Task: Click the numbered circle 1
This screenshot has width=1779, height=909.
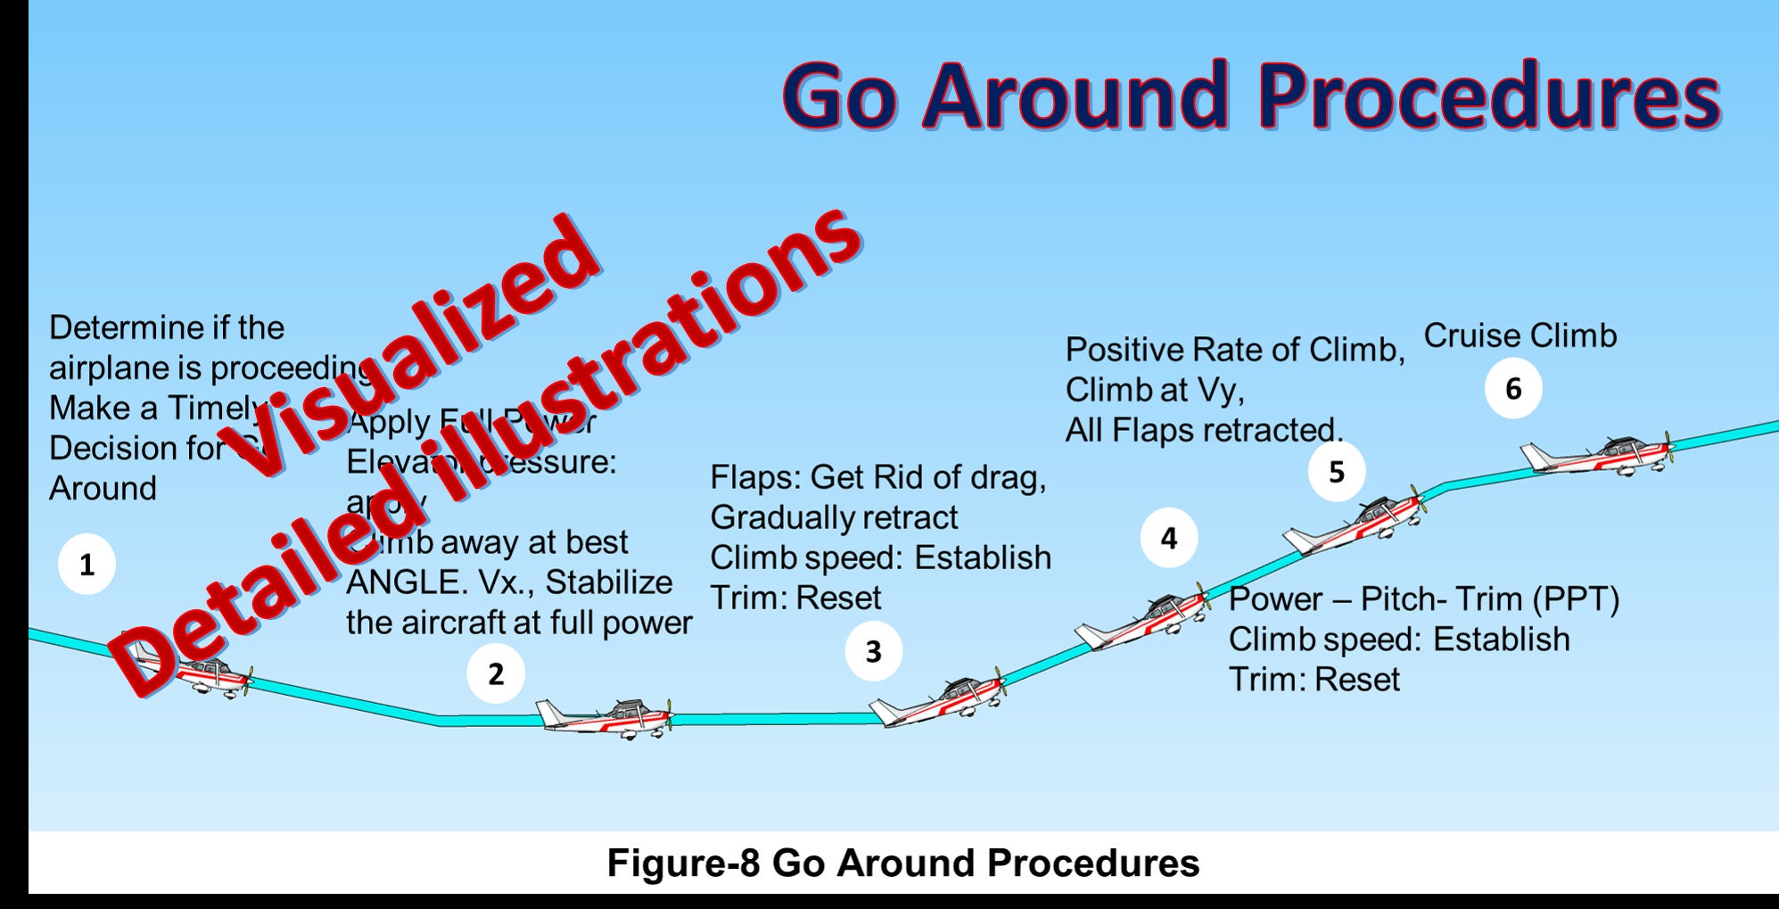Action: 86,565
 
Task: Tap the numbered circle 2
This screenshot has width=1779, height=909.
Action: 496,673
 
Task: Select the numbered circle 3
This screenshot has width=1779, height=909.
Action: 873,651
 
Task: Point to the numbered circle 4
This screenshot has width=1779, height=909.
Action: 1168,538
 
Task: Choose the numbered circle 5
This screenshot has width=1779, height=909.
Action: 1336,471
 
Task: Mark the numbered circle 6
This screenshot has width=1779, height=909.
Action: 1513,388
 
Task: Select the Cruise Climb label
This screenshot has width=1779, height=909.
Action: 1520,335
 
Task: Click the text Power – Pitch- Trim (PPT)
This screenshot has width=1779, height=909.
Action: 1423,599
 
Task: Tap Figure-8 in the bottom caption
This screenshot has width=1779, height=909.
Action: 683,863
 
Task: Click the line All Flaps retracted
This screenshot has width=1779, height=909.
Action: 1204,430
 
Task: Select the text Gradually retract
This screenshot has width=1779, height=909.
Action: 834,517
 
